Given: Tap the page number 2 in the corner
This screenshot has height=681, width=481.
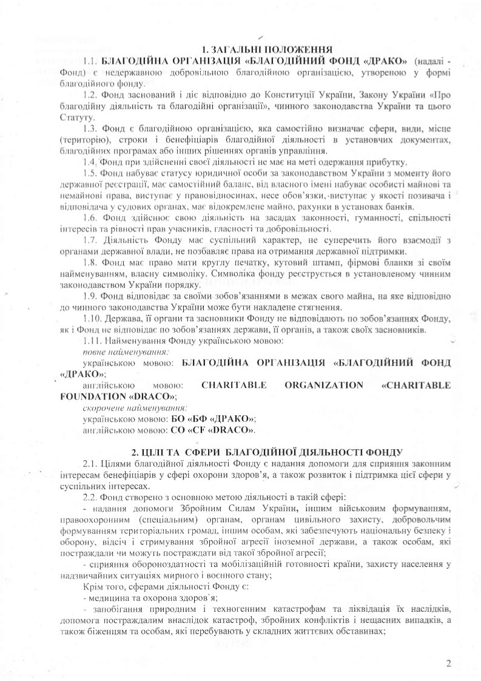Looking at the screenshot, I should (448, 662).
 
